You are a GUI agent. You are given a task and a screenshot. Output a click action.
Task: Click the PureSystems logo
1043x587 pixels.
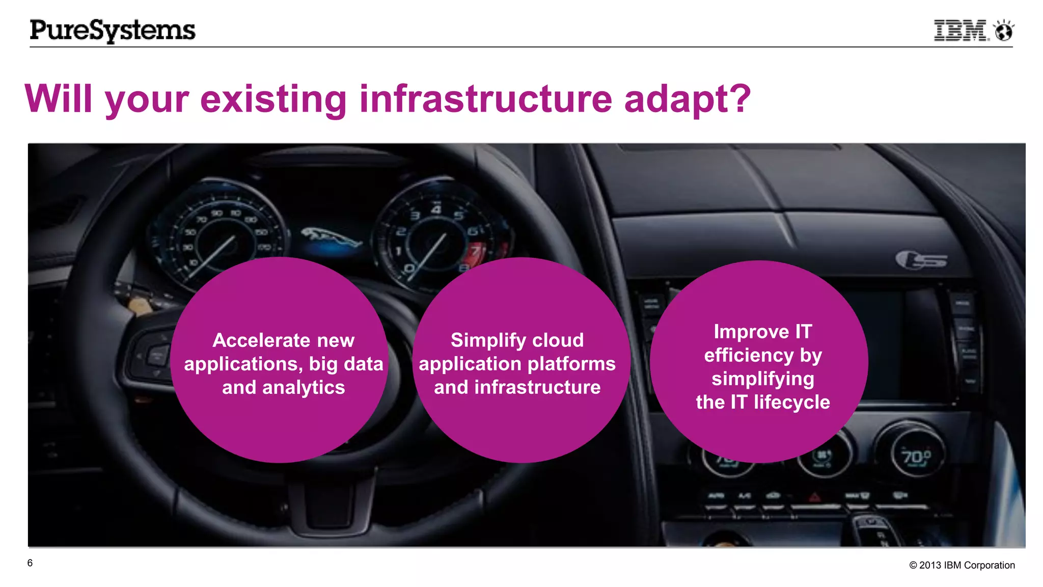click(x=113, y=30)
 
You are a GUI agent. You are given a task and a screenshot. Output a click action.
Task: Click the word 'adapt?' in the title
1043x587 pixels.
click(x=688, y=99)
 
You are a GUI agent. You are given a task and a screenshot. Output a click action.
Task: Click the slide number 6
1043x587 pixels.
click(x=30, y=563)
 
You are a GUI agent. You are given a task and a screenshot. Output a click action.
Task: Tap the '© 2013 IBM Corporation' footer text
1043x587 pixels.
click(x=962, y=565)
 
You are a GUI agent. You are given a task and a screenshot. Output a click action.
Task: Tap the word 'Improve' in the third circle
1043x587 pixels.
click(x=751, y=332)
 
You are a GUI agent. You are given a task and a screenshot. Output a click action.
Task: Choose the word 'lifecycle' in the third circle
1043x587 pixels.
click(x=792, y=402)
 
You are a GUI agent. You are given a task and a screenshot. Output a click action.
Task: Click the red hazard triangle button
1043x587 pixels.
click(x=815, y=496)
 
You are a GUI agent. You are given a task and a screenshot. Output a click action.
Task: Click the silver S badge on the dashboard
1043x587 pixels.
click(x=922, y=260)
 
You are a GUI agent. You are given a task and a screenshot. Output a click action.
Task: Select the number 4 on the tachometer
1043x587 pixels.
click(x=436, y=209)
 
